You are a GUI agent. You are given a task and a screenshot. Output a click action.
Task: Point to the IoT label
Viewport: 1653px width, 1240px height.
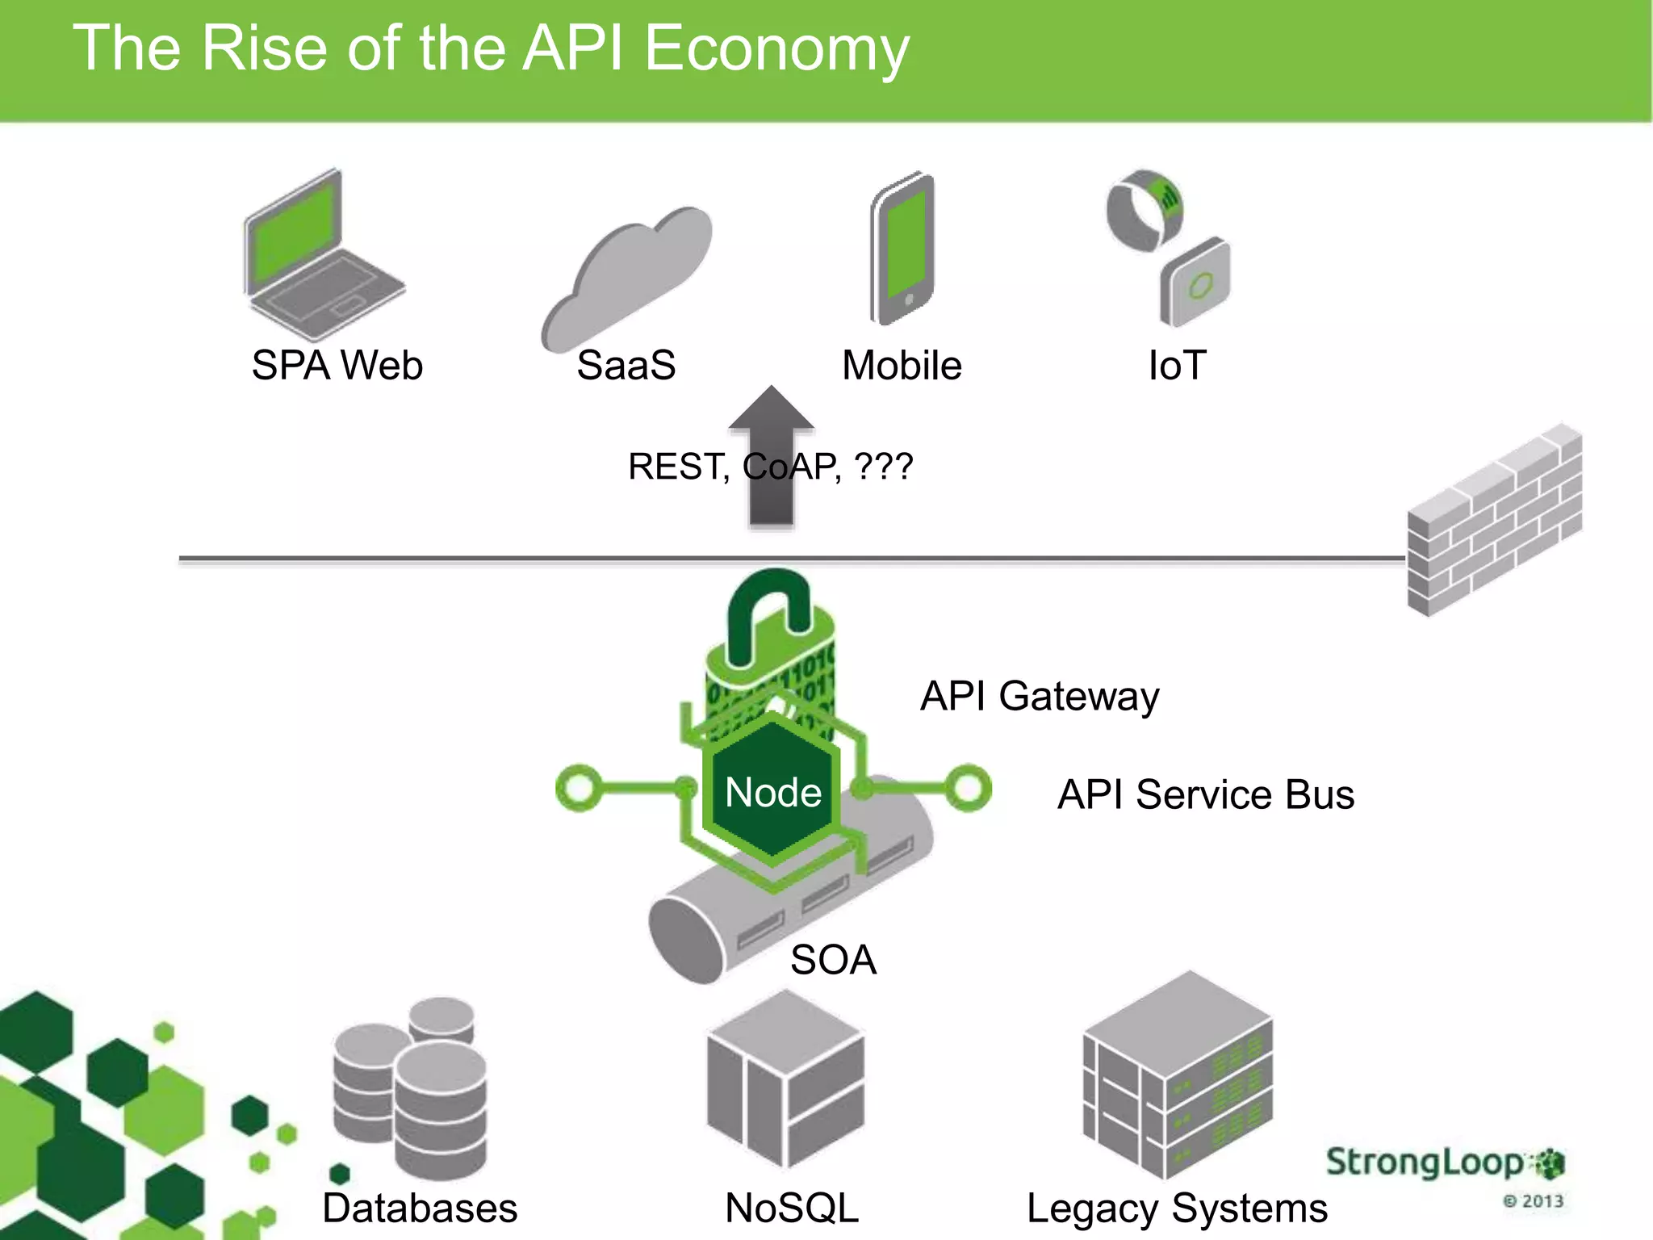pos(1177,366)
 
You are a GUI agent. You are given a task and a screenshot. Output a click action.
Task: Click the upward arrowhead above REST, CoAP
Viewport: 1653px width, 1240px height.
pos(772,408)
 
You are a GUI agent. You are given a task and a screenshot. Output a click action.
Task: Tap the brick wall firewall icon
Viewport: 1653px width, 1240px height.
pos(1493,521)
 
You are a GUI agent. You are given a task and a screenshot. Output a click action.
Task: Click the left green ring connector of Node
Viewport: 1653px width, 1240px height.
pos(579,788)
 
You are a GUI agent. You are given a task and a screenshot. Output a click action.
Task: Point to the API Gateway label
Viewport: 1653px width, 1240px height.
pos(1039,696)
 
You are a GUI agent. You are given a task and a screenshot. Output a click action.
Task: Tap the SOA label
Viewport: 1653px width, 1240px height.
pos(833,960)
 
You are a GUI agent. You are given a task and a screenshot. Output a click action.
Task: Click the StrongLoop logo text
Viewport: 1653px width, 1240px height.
pos(1425,1162)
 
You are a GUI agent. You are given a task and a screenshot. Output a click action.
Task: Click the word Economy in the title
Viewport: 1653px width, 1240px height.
pos(776,48)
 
